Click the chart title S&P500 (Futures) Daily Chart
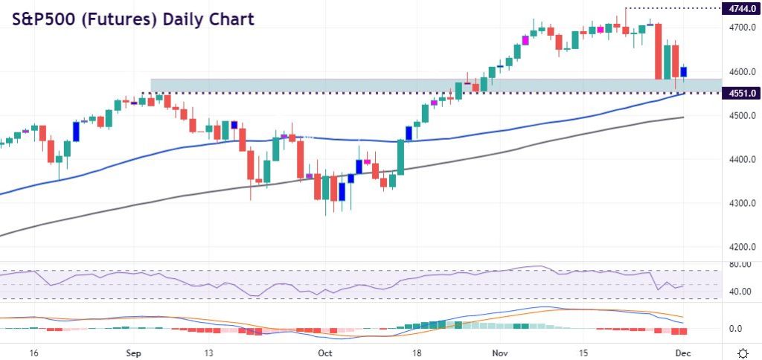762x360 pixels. pyautogui.click(x=132, y=19)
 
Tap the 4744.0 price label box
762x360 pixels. pyautogui.click(x=740, y=8)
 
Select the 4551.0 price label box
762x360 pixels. pyautogui.click(x=740, y=93)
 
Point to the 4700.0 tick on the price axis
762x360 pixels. pyautogui.click(x=740, y=28)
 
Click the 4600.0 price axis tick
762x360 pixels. pyautogui.click(x=740, y=71)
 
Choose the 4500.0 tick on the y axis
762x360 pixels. pyautogui.click(x=740, y=115)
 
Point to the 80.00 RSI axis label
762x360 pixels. pyautogui.click(x=739, y=264)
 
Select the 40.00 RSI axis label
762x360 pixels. pyautogui.click(x=739, y=292)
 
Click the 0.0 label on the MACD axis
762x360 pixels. pyautogui.click(x=736, y=329)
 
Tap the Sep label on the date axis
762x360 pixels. pyautogui.click(x=134, y=353)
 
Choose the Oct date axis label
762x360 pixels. pyautogui.click(x=325, y=353)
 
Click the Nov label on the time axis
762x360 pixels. pyautogui.click(x=498, y=353)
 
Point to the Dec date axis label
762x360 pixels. pyautogui.click(x=685, y=353)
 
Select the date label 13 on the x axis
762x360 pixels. pyautogui.click(x=209, y=353)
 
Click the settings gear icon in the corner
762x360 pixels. pyautogui.click(x=741, y=352)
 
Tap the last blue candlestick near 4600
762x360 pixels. pyautogui.click(x=684, y=71)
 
